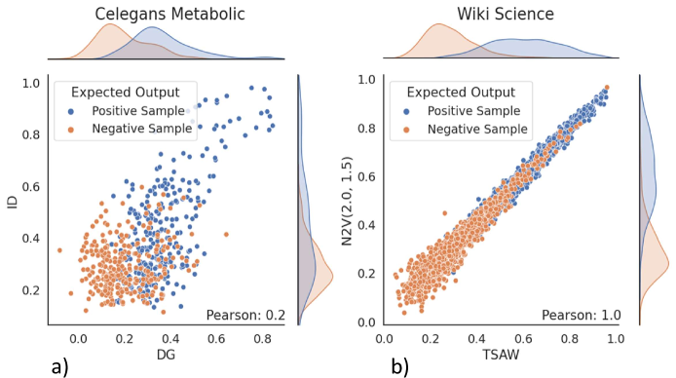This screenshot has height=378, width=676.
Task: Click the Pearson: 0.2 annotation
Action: click(x=245, y=314)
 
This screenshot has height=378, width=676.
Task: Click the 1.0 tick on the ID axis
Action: click(x=32, y=84)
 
